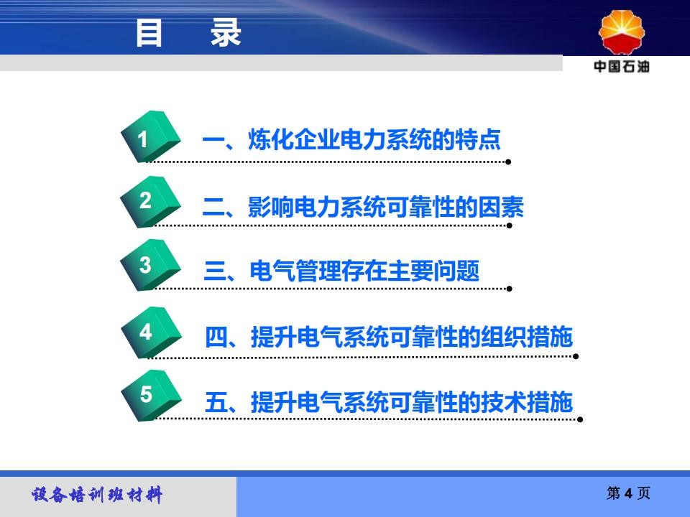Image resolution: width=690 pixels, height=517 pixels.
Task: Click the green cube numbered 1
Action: click(x=150, y=136)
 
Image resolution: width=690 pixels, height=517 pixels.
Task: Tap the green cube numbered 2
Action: click(x=150, y=202)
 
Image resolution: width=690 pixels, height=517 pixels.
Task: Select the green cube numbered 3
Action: click(x=150, y=265)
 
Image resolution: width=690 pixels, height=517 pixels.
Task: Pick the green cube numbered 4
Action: click(x=151, y=332)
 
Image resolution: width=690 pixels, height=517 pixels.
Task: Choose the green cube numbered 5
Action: click(x=151, y=395)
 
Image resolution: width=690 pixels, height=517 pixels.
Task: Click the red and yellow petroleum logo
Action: click(x=621, y=32)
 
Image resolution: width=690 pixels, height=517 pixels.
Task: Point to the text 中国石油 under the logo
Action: click(x=621, y=66)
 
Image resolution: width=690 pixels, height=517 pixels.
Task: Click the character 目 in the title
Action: click(x=149, y=32)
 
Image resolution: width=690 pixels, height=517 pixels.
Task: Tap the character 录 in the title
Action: click(x=226, y=32)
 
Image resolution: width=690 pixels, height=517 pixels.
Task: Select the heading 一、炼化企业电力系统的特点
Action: click(x=351, y=139)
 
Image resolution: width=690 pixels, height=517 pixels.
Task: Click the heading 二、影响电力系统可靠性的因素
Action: click(x=363, y=207)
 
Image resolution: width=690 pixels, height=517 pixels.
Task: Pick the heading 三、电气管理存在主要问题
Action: click(x=341, y=271)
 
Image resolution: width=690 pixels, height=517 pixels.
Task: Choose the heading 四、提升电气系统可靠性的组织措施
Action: click(x=389, y=337)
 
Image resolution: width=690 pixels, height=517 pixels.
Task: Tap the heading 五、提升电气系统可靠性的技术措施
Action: click(x=389, y=402)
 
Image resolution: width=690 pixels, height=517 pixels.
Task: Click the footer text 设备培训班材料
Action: click(x=97, y=495)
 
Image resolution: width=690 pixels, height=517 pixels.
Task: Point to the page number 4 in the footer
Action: click(x=628, y=493)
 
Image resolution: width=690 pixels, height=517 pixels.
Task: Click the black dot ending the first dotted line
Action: click(x=508, y=162)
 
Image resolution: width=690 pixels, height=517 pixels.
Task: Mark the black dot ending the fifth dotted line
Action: click(x=580, y=419)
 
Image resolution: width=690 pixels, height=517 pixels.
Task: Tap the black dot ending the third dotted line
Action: click(x=509, y=289)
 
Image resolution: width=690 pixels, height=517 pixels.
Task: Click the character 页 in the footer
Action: click(x=643, y=493)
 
